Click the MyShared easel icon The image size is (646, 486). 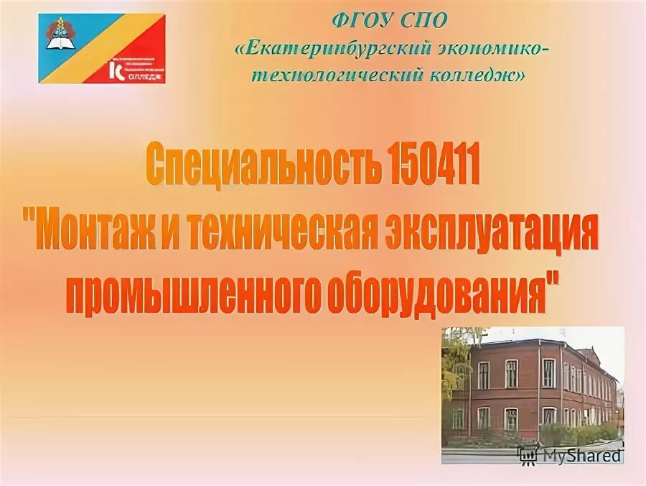(x=528, y=454)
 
